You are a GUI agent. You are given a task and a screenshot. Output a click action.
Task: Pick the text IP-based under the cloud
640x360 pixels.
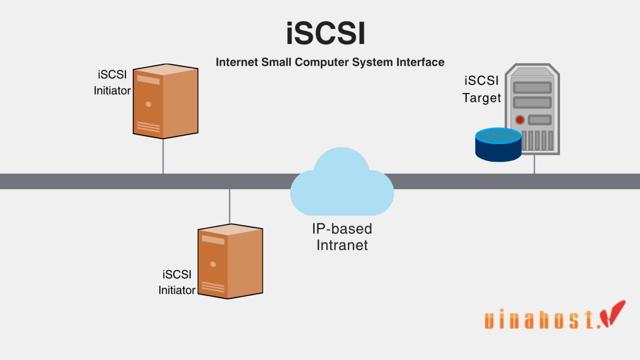click(x=342, y=228)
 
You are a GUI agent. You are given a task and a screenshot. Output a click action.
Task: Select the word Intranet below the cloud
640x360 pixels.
click(x=342, y=245)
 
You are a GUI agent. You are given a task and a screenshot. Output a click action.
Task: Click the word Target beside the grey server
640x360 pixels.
click(x=481, y=98)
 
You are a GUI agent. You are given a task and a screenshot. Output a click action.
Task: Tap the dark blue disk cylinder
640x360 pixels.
click(x=498, y=145)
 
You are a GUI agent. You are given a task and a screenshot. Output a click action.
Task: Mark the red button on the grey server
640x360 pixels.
click(x=520, y=120)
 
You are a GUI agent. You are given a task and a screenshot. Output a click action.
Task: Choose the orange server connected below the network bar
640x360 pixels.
click(x=230, y=261)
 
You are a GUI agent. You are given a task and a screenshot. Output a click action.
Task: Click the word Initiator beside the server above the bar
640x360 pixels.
click(x=112, y=91)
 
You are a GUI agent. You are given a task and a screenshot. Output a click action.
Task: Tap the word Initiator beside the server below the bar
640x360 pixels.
click(x=177, y=290)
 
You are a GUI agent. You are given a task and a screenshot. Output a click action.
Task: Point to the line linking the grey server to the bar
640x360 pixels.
click(x=534, y=164)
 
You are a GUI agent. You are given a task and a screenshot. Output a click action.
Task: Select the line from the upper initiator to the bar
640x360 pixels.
click(x=163, y=156)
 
